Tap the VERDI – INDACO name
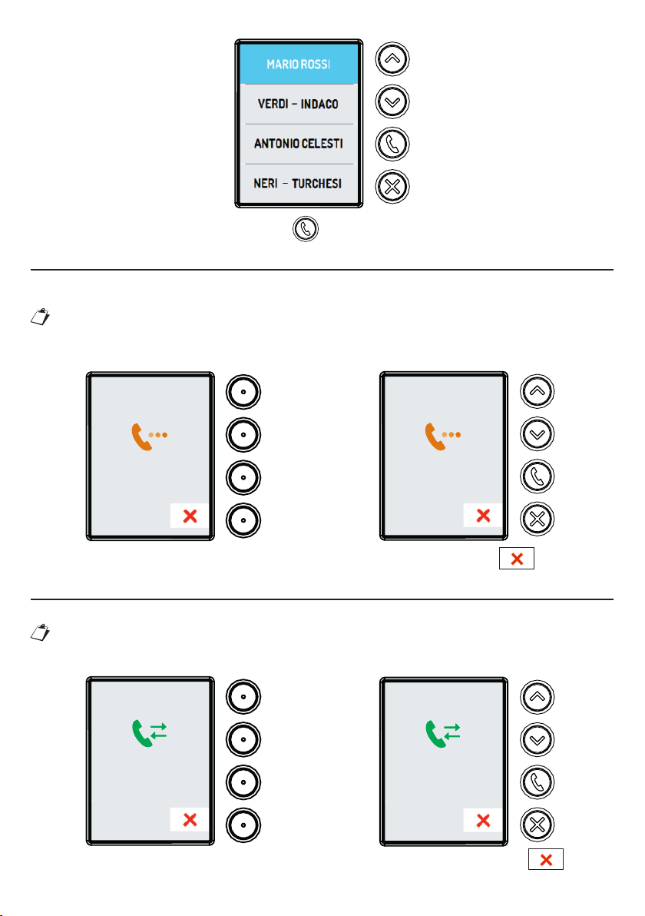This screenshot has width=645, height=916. [x=299, y=104]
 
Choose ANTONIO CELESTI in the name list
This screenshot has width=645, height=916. [x=299, y=144]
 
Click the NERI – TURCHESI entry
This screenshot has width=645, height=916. [x=299, y=184]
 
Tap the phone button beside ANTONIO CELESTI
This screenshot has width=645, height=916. [x=392, y=144]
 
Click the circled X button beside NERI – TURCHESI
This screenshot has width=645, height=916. [x=392, y=185]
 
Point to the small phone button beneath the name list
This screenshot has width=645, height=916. [x=306, y=229]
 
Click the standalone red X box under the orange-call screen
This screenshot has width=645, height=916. [x=517, y=559]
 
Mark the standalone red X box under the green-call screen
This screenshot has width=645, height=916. [x=546, y=859]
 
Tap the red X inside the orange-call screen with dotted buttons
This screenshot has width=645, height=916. [x=189, y=516]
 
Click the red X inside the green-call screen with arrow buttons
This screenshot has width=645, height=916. [x=483, y=821]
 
